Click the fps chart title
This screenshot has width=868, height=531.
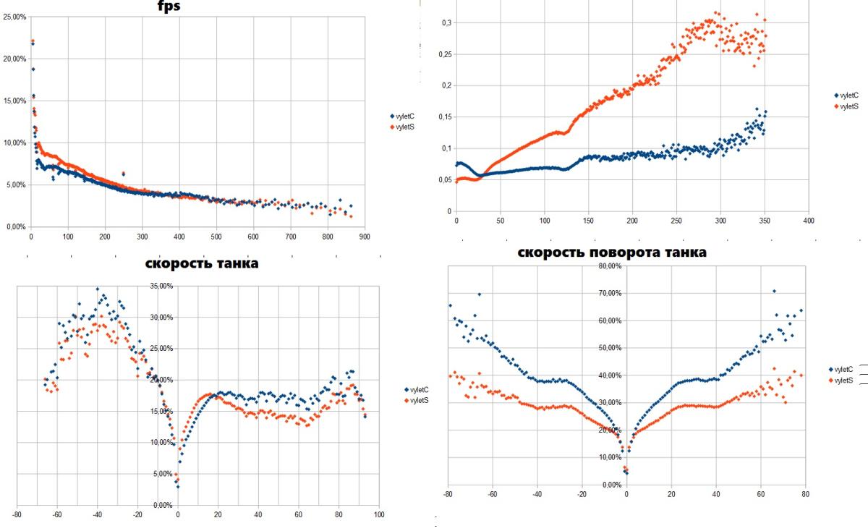[169, 7]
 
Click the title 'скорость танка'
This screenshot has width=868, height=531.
[202, 263]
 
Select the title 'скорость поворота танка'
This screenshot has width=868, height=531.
[612, 252]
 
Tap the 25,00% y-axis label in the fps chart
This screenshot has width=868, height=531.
[14, 17]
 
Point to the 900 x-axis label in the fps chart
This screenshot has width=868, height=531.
[365, 237]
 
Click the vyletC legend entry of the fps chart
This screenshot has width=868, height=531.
[402, 116]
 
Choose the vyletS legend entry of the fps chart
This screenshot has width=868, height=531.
[402, 127]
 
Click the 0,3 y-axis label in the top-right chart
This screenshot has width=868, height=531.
[447, 23]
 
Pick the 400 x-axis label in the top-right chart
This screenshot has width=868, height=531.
[809, 221]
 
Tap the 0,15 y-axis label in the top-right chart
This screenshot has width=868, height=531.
[446, 117]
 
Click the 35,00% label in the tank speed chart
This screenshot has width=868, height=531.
[161, 286]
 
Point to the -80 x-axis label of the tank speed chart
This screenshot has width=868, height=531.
[17, 514]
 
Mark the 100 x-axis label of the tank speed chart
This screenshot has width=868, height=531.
[378, 514]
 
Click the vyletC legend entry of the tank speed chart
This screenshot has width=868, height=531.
[416, 389]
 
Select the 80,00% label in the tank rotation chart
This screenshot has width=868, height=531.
[610, 266]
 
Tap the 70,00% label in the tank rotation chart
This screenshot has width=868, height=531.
[610, 293]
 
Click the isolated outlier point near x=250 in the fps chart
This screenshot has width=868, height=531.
[123, 174]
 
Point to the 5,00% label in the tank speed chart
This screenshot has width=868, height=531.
[163, 474]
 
